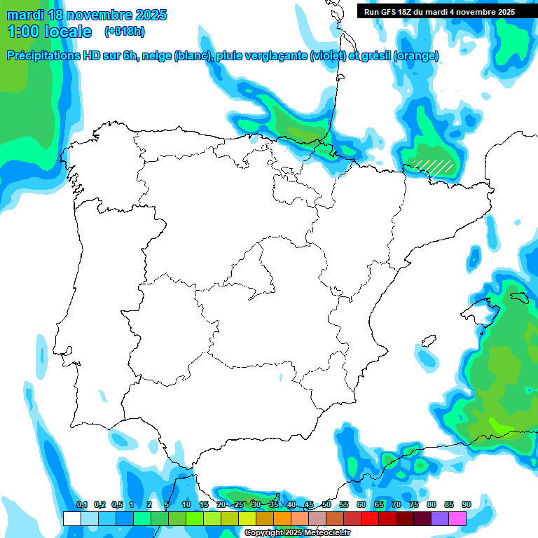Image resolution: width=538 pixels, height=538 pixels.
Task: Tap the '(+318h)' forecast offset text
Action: click(x=125, y=32)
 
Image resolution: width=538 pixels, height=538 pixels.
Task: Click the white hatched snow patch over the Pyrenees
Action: click(x=432, y=165)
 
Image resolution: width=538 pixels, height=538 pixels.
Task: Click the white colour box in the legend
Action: click(x=71, y=519)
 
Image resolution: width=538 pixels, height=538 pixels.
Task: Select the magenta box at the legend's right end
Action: click(x=457, y=519)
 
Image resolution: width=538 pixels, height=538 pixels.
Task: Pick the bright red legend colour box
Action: click(x=370, y=519)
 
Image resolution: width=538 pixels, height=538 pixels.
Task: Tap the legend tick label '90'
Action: click(x=466, y=505)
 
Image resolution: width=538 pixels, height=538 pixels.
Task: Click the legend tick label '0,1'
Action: click(x=81, y=505)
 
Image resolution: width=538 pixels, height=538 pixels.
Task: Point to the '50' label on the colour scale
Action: click(x=326, y=505)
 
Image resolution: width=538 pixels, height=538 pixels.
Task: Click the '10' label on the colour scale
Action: click(x=186, y=505)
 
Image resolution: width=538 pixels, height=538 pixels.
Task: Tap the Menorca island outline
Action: click(x=518, y=298)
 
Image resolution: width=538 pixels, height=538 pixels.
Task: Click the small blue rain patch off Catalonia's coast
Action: click(x=474, y=258)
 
